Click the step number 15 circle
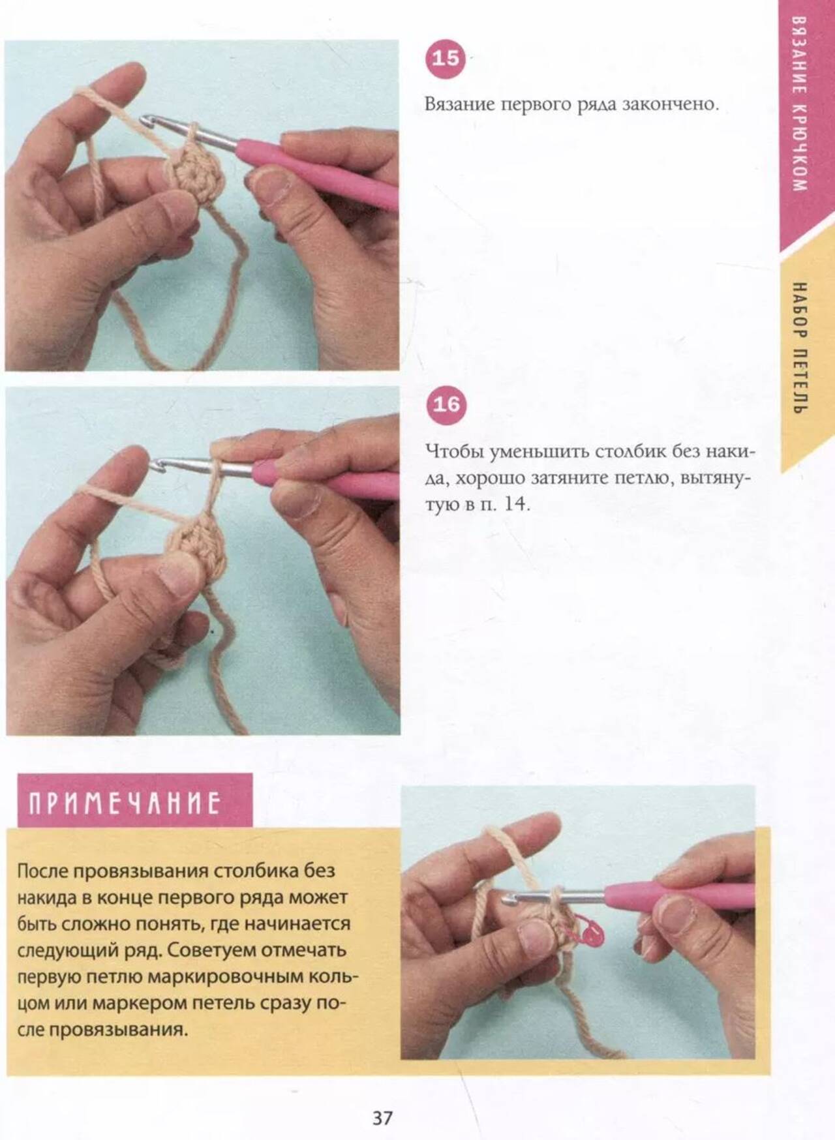(x=446, y=59)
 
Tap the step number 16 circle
(x=446, y=404)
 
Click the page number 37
(x=383, y=1118)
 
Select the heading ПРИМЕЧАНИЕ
(x=125, y=803)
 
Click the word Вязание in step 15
(x=459, y=104)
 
